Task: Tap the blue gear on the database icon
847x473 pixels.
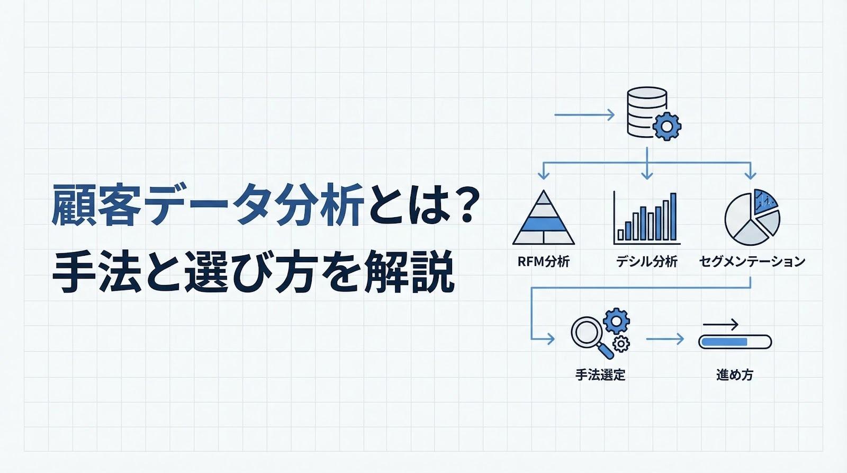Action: [x=666, y=126]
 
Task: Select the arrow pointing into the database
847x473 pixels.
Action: [x=584, y=114]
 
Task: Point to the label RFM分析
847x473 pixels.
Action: [x=544, y=261]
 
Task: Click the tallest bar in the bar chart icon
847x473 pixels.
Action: [x=673, y=217]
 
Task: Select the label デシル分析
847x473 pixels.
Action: [x=647, y=261]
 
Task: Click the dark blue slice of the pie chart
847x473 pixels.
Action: [x=765, y=201]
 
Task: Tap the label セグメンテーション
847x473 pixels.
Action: [x=752, y=261]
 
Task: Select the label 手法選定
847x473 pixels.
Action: [x=600, y=375]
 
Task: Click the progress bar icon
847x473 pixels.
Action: [x=735, y=342]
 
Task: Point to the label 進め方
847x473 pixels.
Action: [x=734, y=375]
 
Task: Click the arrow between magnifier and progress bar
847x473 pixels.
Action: [x=665, y=339]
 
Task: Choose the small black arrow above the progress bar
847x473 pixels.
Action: [x=720, y=325]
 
